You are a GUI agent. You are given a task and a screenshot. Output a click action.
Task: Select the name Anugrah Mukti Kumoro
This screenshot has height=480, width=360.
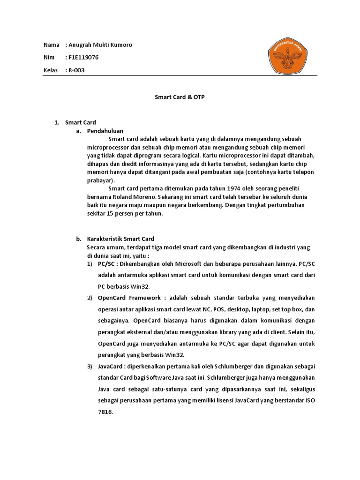click(x=100, y=45)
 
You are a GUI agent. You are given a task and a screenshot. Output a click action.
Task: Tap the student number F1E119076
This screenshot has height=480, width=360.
click(x=84, y=58)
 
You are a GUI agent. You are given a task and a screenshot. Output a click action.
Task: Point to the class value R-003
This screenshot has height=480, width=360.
click(x=77, y=70)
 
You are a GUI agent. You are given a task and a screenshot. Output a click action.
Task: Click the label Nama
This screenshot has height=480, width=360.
click(x=51, y=45)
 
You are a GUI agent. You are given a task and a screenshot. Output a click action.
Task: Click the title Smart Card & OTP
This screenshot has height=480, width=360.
click(x=180, y=97)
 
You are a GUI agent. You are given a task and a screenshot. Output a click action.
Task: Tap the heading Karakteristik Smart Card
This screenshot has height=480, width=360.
click(x=120, y=239)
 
